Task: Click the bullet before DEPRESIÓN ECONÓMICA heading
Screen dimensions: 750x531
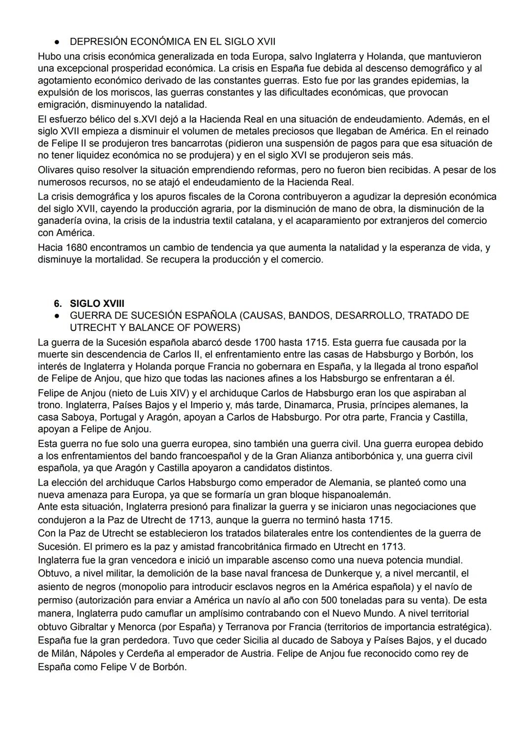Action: point(57,41)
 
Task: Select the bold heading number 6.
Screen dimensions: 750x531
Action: point(58,303)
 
